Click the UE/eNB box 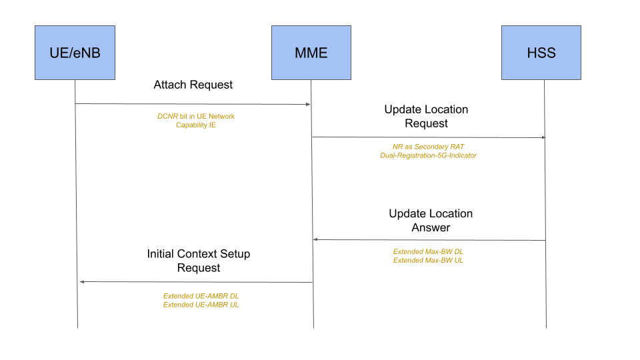75,53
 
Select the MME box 311,53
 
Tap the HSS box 541,53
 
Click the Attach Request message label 193,85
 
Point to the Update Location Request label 426,116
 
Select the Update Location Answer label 431,221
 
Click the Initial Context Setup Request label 199,261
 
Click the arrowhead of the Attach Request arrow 307,105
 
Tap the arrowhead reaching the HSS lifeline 543,138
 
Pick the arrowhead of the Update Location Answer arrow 317,239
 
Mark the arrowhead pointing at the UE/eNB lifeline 82,282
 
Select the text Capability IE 196,125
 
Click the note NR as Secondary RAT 428,146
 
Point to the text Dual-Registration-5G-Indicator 428,155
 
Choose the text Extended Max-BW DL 428,251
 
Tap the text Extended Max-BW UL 428,260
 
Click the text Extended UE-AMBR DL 201,296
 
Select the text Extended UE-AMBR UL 201,305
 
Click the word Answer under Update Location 431,228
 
